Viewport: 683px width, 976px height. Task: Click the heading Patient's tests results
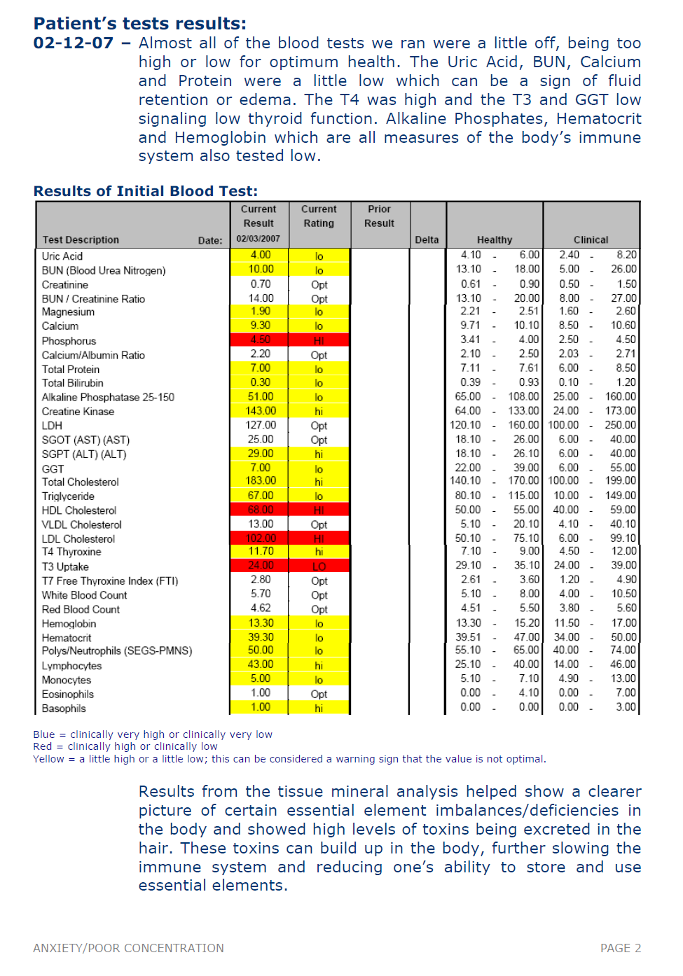[139, 24]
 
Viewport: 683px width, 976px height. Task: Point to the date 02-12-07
[73, 43]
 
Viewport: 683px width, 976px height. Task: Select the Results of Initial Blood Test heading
[146, 191]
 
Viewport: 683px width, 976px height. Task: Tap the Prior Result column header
[379, 216]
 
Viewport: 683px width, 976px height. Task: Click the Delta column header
[427, 239]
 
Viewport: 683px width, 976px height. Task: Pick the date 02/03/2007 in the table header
[258, 239]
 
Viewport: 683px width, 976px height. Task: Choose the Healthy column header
[495, 239]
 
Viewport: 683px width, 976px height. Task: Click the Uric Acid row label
[62, 256]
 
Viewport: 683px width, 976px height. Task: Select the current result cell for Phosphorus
[260, 340]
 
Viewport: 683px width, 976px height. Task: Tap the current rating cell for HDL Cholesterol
[319, 510]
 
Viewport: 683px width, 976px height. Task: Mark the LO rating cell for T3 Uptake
[319, 566]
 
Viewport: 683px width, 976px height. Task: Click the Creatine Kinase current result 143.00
[260, 411]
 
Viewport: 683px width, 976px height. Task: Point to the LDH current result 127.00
[260, 425]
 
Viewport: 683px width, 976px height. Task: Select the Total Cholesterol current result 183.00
[260, 481]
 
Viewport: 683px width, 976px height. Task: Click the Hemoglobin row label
[69, 624]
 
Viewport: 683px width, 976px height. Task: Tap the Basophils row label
[64, 709]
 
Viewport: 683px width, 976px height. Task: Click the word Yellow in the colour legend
[48, 759]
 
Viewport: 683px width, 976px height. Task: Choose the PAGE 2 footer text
[620, 948]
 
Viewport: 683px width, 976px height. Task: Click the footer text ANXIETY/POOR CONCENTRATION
[128, 948]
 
